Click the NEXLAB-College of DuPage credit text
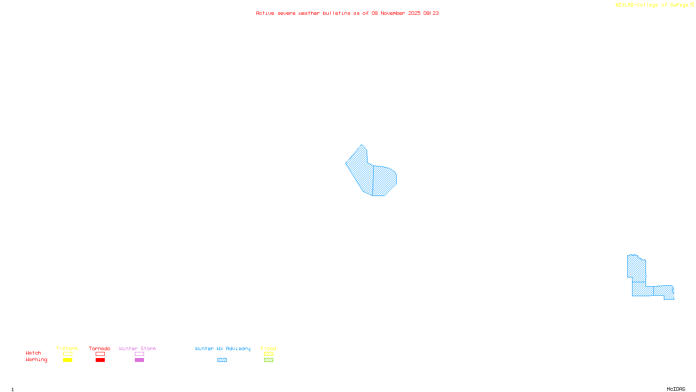652,5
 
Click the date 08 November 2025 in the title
396,13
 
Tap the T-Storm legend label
67,348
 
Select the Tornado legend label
100,348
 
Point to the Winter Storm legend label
137,348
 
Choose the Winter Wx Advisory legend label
223,348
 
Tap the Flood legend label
268,348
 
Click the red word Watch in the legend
33,353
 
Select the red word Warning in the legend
36,360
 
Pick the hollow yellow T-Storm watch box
67,354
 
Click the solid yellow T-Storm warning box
67,360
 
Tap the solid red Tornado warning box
100,360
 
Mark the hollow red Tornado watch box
100,354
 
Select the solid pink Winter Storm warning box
139,360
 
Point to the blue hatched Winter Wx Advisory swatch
222,360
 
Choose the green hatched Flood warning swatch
268,360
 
